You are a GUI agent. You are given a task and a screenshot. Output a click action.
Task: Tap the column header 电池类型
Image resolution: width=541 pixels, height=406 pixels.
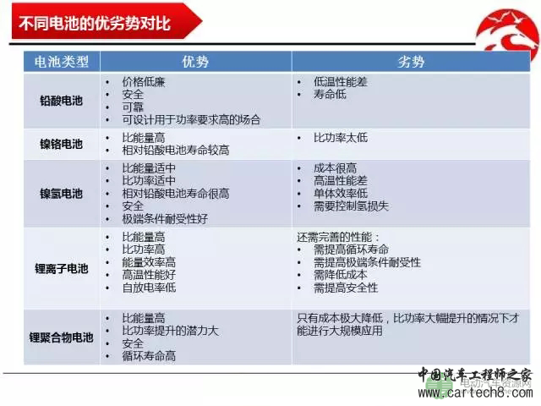(x=62, y=62)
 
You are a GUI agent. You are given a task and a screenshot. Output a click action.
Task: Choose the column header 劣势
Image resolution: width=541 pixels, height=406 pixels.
(x=410, y=62)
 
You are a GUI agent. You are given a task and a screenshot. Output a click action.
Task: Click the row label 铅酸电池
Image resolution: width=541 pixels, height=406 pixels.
(x=62, y=101)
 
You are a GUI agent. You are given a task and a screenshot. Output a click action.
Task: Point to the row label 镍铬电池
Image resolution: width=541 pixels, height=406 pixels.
(x=62, y=143)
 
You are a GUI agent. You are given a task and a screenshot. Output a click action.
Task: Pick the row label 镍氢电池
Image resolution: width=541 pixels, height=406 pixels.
(x=62, y=193)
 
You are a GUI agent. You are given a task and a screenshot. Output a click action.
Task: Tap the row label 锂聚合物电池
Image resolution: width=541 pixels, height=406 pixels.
(x=62, y=337)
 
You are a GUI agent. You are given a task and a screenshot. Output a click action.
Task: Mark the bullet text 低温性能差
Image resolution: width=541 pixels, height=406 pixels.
(x=340, y=82)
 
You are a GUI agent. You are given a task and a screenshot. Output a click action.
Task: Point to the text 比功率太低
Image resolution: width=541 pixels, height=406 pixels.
(x=340, y=137)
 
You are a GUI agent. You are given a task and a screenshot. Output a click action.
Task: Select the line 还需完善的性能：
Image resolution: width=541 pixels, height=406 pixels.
(x=339, y=237)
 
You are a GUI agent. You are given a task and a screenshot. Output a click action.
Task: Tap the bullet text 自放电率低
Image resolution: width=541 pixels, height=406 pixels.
(x=150, y=288)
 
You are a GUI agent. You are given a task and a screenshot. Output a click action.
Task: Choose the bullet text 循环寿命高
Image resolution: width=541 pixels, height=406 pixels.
(x=150, y=356)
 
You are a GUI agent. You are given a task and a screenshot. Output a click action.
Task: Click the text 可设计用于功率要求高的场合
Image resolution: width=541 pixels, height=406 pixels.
(x=191, y=119)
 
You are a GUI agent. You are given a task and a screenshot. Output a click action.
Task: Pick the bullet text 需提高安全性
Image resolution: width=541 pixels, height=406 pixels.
(x=346, y=288)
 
